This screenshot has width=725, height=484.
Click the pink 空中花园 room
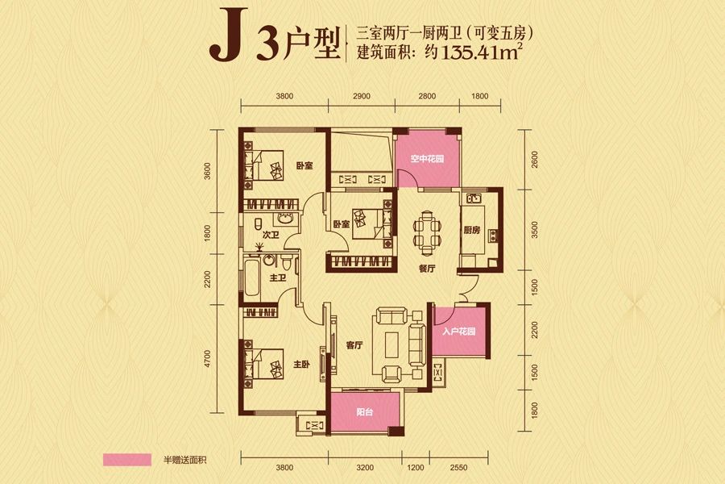[427, 158]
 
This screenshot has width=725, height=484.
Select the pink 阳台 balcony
[366, 411]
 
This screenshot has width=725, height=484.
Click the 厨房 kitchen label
[471, 231]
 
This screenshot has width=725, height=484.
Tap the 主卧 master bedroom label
[301, 365]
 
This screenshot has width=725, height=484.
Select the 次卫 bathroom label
[271, 235]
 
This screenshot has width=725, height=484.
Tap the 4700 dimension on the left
[208, 357]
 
